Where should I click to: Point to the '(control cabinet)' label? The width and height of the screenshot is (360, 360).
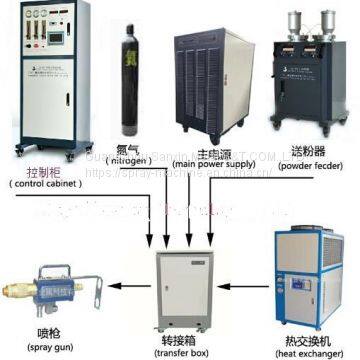(x=47, y=183)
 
